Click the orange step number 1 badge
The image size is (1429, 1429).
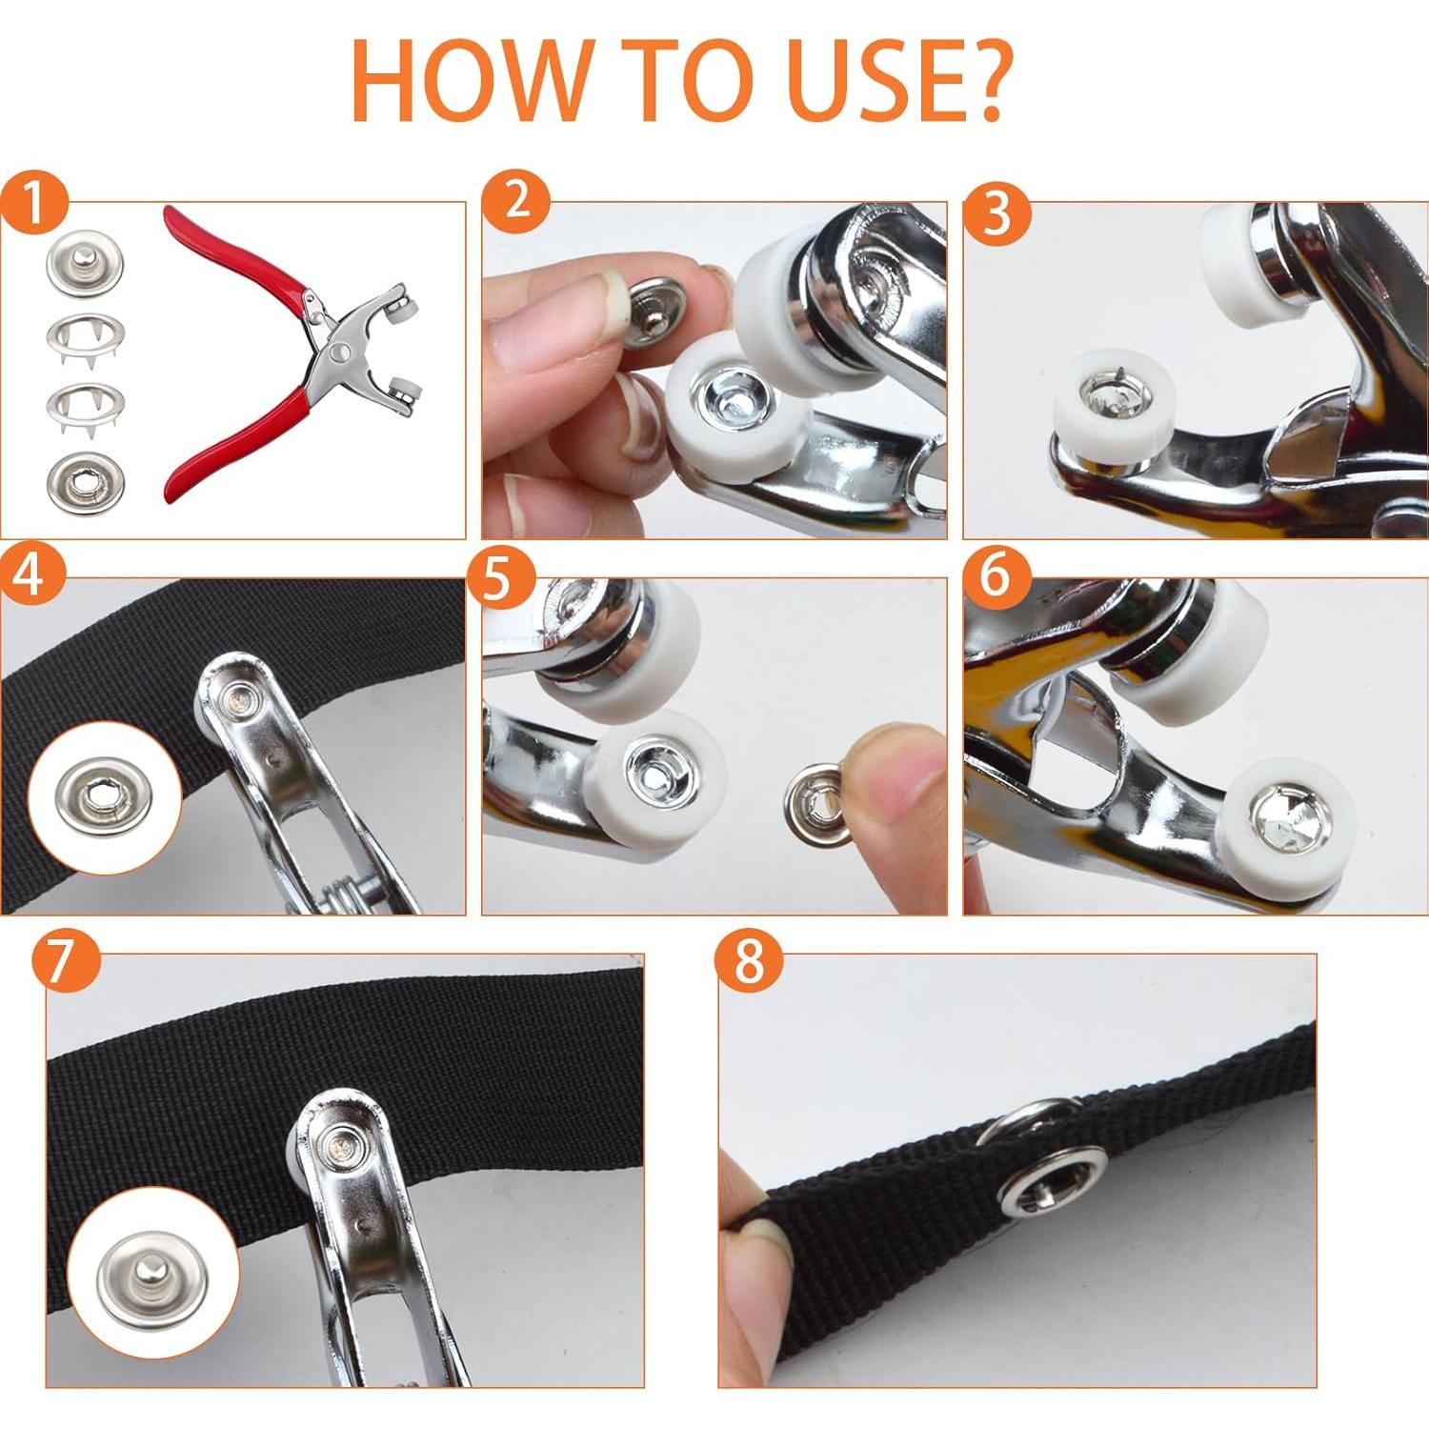(x=34, y=204)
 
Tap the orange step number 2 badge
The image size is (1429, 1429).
(x=515, y=201)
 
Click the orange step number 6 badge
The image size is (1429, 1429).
(x=997, y=575)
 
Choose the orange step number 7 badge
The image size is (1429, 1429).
(x=66, y=959)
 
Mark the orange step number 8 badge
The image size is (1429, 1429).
(x=750, y=959)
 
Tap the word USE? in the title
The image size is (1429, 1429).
(x=897, y=81)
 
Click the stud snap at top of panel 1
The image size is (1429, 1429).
(x=85, y=266)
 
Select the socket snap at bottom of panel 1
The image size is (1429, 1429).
(x=85, y=483)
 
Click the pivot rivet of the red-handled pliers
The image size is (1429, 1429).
(x=338, y=355)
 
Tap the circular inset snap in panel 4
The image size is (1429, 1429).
(x=104, y=797)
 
